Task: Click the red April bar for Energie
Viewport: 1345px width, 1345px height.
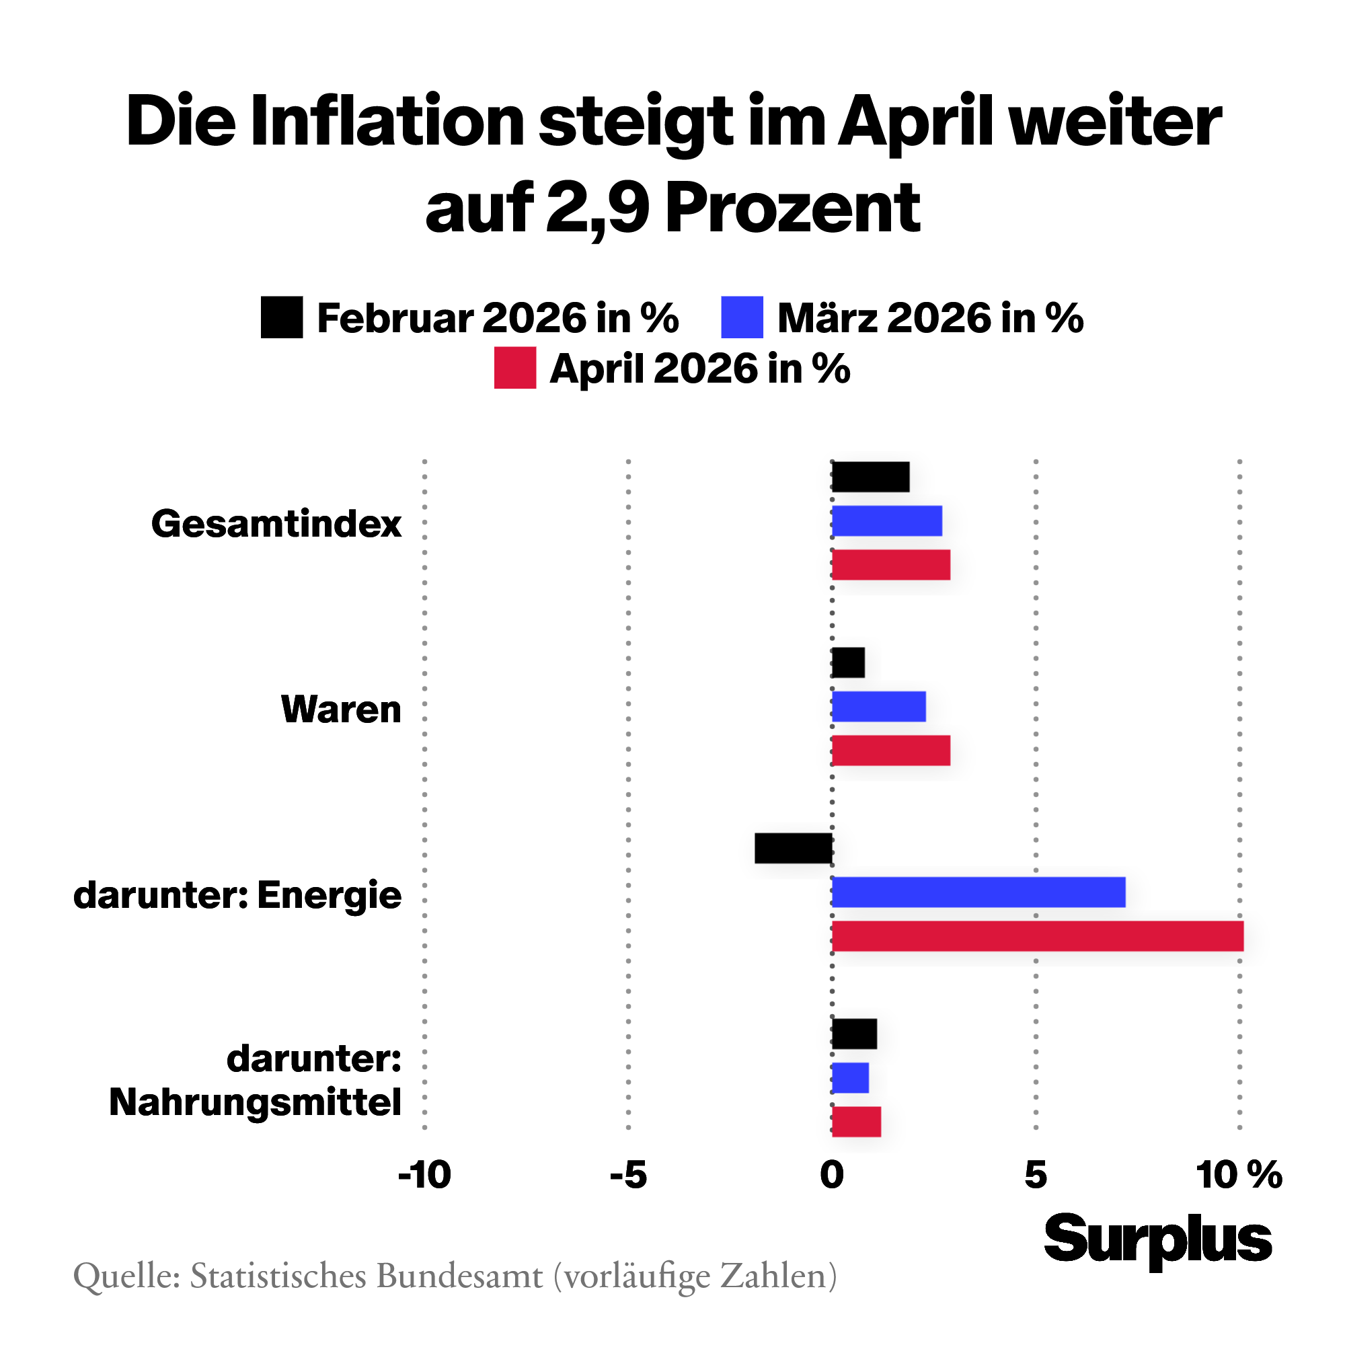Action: (x=1037, y=936)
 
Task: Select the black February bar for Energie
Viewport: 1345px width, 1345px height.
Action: (x=794, y=848)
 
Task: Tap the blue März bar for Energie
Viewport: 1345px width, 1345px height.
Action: (x=978, y=892)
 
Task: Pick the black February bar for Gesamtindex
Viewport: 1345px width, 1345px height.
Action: (x=870, y=477)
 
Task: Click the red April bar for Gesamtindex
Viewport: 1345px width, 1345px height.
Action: (x=890, y=565)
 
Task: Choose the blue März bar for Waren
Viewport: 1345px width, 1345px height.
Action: (x=878, y=707)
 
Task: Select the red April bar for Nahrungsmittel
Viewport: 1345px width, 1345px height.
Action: (x=856, y=1122)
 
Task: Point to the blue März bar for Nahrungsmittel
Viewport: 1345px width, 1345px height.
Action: (x=850, y=1077)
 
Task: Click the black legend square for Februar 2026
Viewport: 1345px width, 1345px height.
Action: (x=281, y=317)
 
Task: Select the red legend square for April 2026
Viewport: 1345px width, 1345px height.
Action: (x=514, y=368)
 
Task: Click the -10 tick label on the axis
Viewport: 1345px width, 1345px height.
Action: (x=424, y=1176)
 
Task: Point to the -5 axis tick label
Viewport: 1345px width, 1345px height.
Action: (x=628, y=1176)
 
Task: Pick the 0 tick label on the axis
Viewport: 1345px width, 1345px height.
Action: (x=832, y=1176)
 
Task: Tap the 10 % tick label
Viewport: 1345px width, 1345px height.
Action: (x=1239, y=1176)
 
